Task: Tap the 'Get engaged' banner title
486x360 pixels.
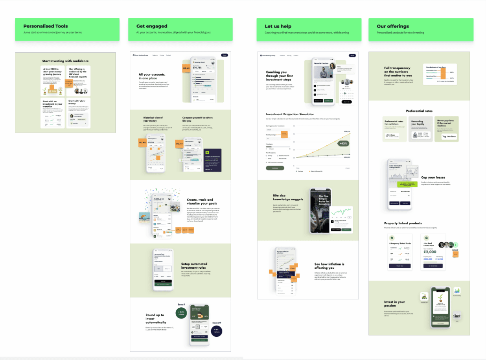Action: (152, 26)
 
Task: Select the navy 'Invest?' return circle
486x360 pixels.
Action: (216, 331)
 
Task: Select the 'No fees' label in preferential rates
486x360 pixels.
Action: (451, 137)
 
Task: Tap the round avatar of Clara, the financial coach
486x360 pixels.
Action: (333, 66)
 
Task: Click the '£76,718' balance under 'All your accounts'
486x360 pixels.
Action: (199, 67)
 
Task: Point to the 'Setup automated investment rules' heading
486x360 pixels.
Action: (194, 266)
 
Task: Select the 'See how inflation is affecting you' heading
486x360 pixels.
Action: (330, 266)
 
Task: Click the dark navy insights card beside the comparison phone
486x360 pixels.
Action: (213, 160)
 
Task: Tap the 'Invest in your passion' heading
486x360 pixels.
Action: (394, 304)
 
